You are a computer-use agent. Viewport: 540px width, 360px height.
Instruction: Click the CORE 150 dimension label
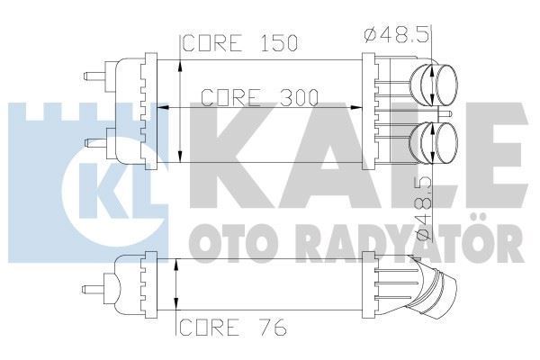pyautogui.click(x=239, y=42)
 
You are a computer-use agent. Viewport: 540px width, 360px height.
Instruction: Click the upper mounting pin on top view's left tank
pyautogui.click(x=93, y=76)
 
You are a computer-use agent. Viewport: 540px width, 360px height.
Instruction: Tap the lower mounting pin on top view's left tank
pyautogui.click(x=93, y=142)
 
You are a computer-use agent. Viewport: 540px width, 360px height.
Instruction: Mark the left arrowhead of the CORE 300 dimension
pyautogui.click(x=163, y=107)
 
